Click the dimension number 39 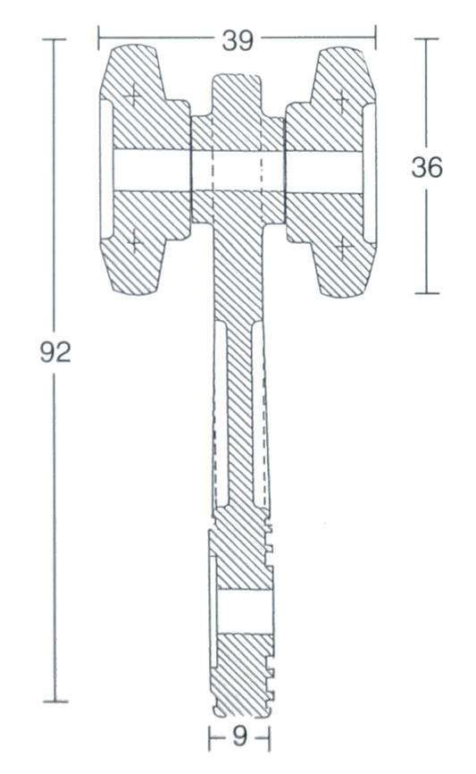click(x=238, y=40)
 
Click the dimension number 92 click(x=55, y=352)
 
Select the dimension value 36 click(x=427, y=167)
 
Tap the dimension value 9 click(x=239, y=737)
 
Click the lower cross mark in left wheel click(x=134, y=242)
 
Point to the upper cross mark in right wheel click(x=341, y=100)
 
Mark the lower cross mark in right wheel click(x=343, y=247)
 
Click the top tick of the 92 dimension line click(x=54, y=39)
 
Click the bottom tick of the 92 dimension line click(x=55, y=701)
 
